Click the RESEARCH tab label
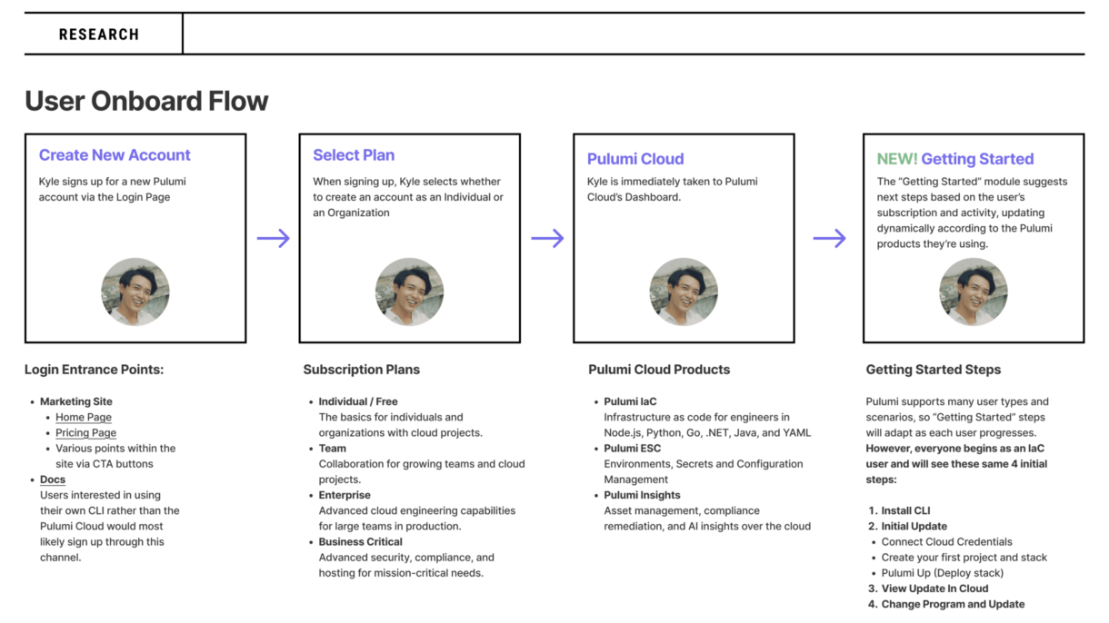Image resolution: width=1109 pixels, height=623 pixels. click(x=99, y=35)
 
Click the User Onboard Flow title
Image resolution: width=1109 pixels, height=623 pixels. click(x=146, y=101)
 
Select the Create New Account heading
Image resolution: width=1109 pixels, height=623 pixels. click(x=115, y=155)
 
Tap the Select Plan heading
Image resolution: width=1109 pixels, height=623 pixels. click(x=354, y=155)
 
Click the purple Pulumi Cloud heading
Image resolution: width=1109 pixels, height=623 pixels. click(x=635, y=159)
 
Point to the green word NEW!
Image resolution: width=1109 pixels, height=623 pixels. click(x=897, y=159)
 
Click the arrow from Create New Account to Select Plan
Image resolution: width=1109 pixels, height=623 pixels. click(x=274, y=238)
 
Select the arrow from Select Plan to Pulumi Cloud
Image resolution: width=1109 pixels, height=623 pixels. click(x=547, y=238)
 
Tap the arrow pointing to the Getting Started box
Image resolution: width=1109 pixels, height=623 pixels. click(x=830, y=238)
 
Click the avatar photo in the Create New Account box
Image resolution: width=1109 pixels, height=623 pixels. click(x=135, y=292)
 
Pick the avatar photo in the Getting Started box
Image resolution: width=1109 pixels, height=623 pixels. click(x=974, y=292)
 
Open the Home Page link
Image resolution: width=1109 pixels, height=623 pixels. click(x=84, y=418)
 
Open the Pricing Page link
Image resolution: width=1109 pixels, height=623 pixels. click(x=85, y=432)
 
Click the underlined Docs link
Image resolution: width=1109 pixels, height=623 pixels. click(x=53, y=480)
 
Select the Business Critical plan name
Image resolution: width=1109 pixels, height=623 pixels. click(x=360, y=542)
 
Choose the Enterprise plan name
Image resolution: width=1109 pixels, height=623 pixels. click(x=345, y=495)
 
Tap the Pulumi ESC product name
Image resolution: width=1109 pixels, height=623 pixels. click(x=633, y=449)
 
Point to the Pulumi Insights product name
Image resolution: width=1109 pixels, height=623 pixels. click(x=642, y=495)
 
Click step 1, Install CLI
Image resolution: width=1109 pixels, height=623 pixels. click(x=900, y=510)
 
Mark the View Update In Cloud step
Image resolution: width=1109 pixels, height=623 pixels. click(x=928, y=588)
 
